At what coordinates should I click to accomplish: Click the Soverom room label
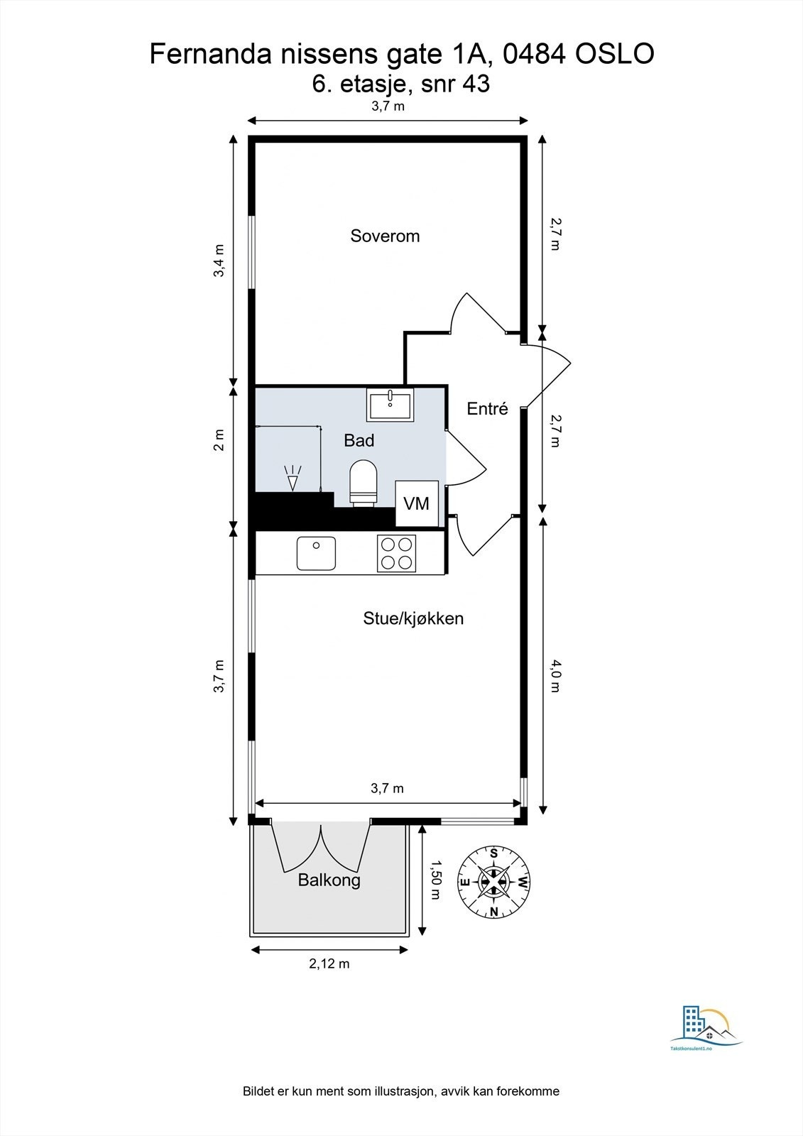pos(385,236)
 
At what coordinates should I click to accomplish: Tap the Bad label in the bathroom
pos(359,440)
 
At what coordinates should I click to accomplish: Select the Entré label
pos(488,408)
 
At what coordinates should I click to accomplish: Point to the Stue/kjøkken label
pos(413,618)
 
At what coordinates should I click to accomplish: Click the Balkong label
pos(329,880)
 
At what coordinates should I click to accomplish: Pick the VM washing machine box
pos(417,503)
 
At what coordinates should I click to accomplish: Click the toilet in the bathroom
pos(364,483)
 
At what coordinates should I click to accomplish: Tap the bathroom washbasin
pos(390,405)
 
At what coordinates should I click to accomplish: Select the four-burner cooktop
pos(396,554)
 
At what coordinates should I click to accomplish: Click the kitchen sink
pos(316,553)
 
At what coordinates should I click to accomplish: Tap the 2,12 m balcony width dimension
pos(329,963)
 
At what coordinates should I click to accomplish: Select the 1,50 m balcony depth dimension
pos(435,879)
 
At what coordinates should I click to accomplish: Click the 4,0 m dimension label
pos(555,676)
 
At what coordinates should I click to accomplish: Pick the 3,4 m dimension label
pos(219,261)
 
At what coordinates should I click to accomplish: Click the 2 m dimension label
pos(219,440)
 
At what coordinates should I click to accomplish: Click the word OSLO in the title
pos(614,54)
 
